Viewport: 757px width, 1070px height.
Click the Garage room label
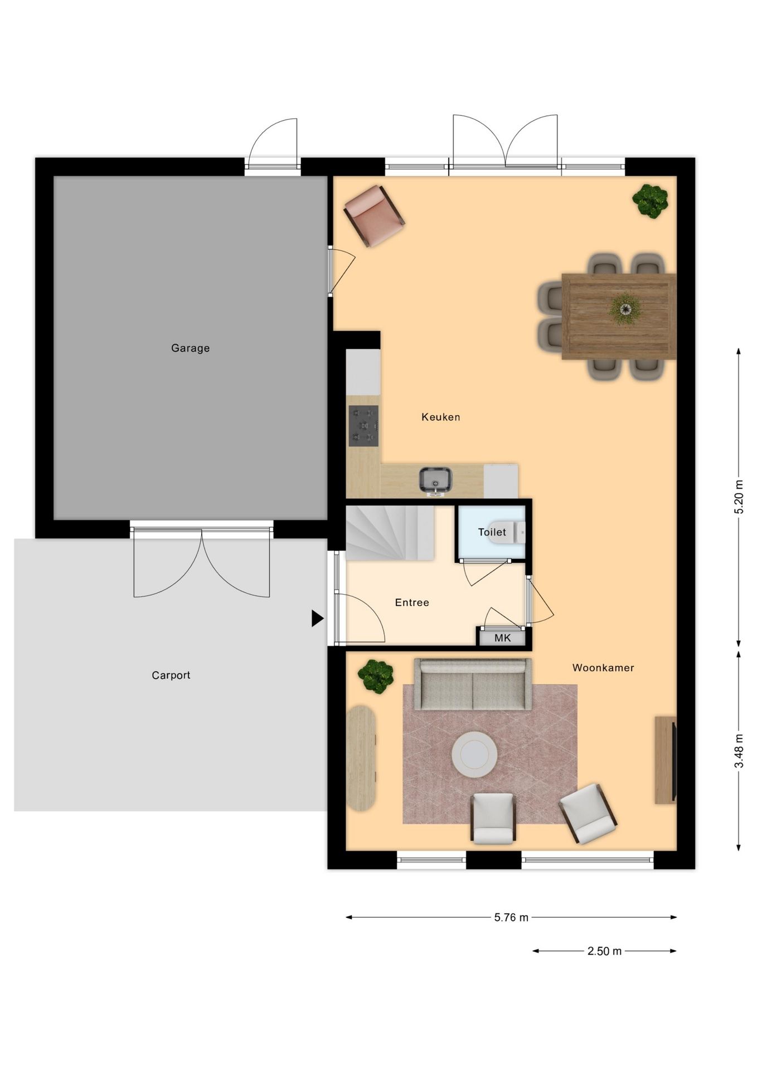[x=190, y=348]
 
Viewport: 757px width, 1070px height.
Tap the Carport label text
[x=171, y=675]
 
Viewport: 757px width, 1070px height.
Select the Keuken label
[x=440, y=417]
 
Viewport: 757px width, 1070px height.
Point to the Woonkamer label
[x=603, y=668]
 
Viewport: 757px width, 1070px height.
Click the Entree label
[x=411, y=602]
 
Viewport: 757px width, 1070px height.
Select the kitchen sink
[x=435, y=480]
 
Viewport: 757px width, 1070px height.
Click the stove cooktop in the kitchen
[x=363, y=426]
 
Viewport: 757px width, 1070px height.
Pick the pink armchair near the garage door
[x=374, y=215]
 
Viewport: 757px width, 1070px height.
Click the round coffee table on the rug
[x=474, y=755]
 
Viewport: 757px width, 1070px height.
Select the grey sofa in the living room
[x=473, y=685]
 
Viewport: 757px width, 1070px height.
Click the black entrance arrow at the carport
[x=317, y=618]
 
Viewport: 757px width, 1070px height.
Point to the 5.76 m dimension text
[x=511, y=917]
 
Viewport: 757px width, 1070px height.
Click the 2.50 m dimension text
[x=604, y=951]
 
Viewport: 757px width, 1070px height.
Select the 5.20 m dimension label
[x=739, y=496]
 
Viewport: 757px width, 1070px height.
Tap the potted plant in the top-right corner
[x=650, y=201]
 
